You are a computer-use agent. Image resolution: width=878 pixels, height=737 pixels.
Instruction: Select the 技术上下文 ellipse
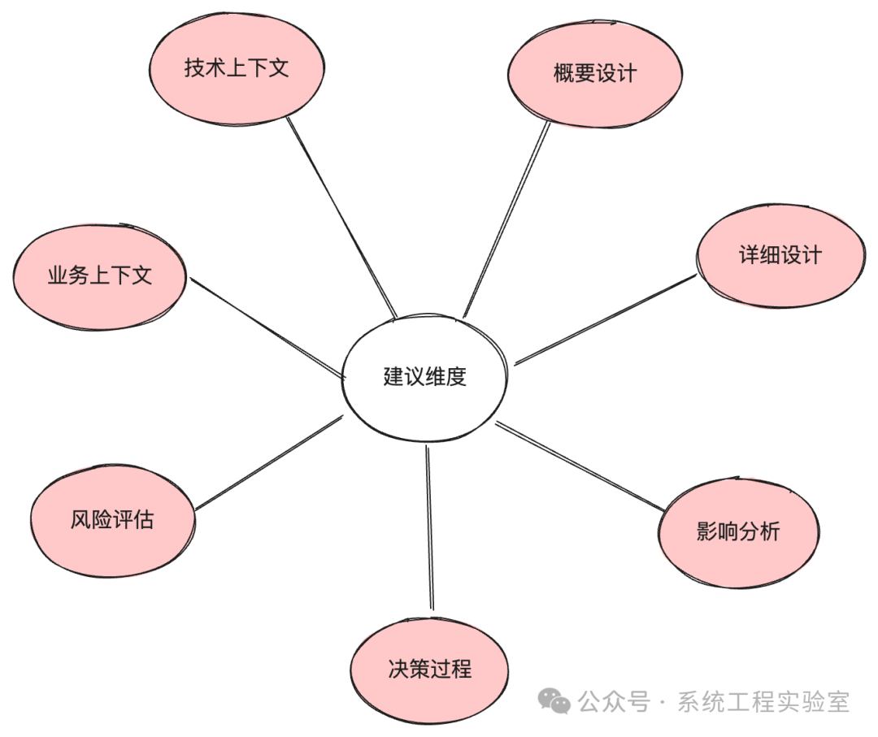tap(237, 67)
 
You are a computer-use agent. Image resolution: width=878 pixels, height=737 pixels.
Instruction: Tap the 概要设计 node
tap(595, 74)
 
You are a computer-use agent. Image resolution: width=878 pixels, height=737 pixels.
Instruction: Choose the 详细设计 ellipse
tap(780, 255)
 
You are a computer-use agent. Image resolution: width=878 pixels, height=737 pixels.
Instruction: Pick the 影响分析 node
tap(738, 531)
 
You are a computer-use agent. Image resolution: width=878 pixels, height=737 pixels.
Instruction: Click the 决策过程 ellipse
tap(429, 670)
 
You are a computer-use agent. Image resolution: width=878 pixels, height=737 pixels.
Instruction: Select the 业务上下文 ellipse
tap(99, 275)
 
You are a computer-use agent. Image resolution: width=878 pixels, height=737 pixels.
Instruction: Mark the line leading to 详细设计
tap(606, 319)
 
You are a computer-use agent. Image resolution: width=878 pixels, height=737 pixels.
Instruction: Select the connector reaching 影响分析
tap(581, 466)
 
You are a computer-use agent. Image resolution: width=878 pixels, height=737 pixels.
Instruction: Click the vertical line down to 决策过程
tap(429, 528)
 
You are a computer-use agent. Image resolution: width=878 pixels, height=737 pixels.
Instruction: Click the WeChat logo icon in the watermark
tap(557, 701)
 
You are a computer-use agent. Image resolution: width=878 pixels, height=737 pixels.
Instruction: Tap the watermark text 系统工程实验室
tap(763, 702)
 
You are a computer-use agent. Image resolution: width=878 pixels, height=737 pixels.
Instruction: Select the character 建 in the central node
tap(393, 377)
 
